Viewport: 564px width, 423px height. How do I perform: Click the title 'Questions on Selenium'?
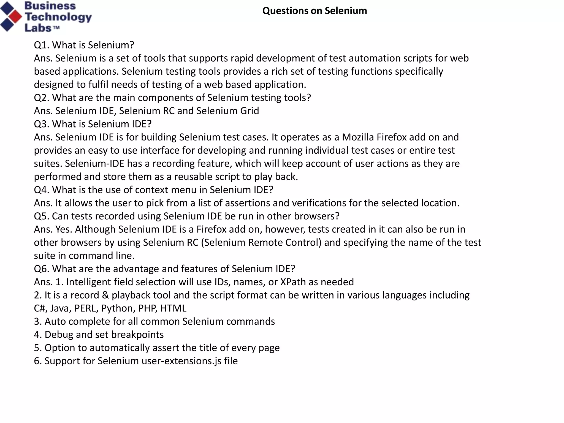point(314,11)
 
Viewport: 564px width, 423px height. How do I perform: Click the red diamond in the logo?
point(15,17)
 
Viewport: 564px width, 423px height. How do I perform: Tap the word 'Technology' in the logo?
point(58,17)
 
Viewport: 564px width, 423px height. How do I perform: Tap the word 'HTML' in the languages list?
point(173,308)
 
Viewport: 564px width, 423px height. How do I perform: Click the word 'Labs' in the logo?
point(38,28)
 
